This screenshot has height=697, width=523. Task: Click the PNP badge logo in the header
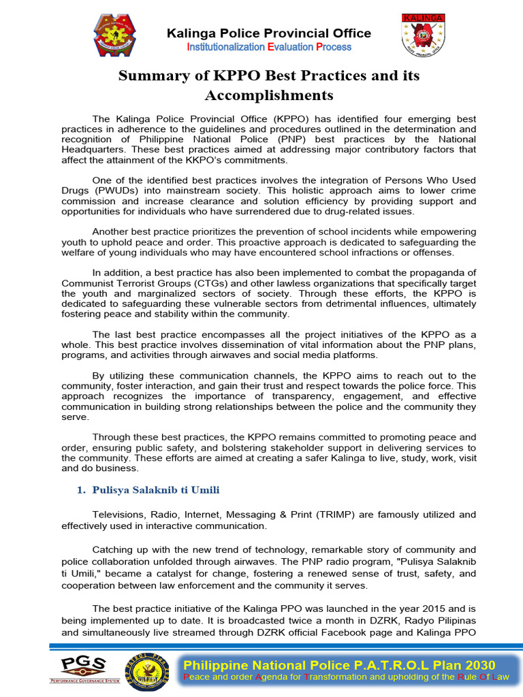click(x=115, y=35)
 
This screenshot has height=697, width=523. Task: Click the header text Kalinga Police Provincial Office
click(x=269, y=33)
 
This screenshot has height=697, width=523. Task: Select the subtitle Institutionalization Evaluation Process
click(x=269, y=47)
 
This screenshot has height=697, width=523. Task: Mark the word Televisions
click(x=120, y=515)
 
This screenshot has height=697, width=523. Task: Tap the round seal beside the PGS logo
click(x=146, y=670)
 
